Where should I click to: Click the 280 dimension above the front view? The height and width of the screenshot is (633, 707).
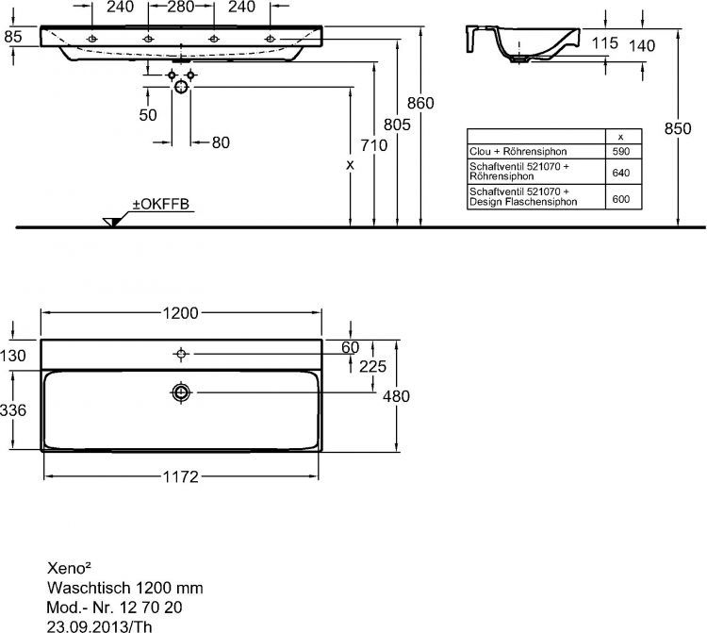point(182,7)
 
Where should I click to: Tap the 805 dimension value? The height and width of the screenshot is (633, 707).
point(397,123)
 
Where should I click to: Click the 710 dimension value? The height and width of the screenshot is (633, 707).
point(374,145)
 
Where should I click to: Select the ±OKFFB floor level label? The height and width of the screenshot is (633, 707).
point(167,205)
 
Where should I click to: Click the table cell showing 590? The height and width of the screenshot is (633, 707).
point(620,151)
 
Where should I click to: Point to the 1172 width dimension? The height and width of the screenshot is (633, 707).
point(180,476)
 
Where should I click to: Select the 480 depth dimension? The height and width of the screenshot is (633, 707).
point(396,396)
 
